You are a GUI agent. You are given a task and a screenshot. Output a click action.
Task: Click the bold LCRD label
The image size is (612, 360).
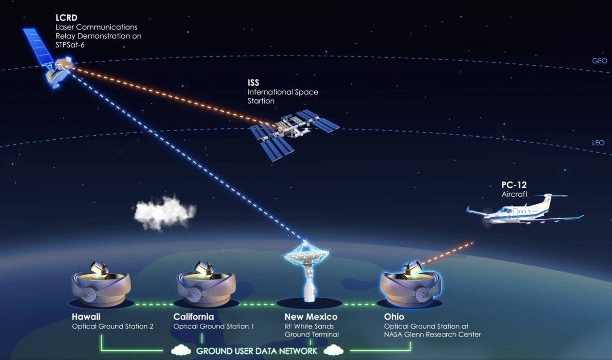click(66, 18)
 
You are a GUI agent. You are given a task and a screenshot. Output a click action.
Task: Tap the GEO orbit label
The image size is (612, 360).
click(599, 61)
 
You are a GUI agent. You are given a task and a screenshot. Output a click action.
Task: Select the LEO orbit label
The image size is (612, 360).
click(598, 143)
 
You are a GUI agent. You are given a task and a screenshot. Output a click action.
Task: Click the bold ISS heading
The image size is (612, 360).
click(253, 83)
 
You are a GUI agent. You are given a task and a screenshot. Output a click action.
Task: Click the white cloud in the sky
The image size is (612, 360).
click(164, 213)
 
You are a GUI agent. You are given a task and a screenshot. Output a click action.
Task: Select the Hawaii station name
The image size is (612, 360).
click(86, 317)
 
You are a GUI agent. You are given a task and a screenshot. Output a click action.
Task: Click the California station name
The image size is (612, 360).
click(193, 317)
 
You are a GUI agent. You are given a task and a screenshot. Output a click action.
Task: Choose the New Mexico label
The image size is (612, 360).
click(311, 317)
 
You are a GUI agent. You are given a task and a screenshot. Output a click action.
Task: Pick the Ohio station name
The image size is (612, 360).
click(394, 317)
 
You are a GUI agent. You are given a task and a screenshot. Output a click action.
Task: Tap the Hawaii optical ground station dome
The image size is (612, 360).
click(101, 284)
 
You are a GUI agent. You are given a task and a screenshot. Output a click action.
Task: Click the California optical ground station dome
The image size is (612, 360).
click(206, 284)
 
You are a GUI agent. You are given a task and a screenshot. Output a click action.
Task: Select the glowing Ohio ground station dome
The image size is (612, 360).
click(411, 284)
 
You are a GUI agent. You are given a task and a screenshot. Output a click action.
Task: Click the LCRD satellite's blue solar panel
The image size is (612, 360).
click(37, 46)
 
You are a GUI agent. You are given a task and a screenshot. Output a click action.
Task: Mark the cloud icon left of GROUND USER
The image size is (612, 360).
click(181, 350)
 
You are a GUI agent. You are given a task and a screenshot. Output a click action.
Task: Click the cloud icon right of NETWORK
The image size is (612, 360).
click(334, 350)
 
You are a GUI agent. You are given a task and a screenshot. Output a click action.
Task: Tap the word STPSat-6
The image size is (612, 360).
click(70, 45)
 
